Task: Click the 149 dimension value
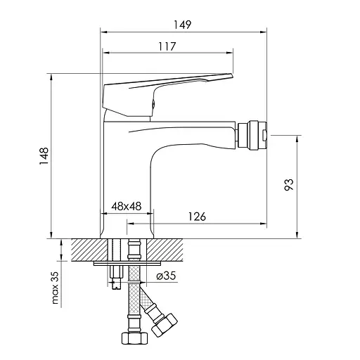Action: pyautogui.click(x=182, y=25)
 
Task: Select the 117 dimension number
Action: pyautogui.click(x=167, y=46)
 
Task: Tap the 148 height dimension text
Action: pyautogui.click(x=44, y=156)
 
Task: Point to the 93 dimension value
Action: pyautogui.click(x=289, y=185)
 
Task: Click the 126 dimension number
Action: pyautogui.click(x=197, y=217)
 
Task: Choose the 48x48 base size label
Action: pyautogui.click(x=127, y=206)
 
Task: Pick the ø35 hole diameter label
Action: pyautogui.click(x=166, y=276)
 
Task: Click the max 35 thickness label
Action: pyautogui.click(x=55, y=288)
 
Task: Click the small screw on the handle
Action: pyautogui.click(x=154, y=103)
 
